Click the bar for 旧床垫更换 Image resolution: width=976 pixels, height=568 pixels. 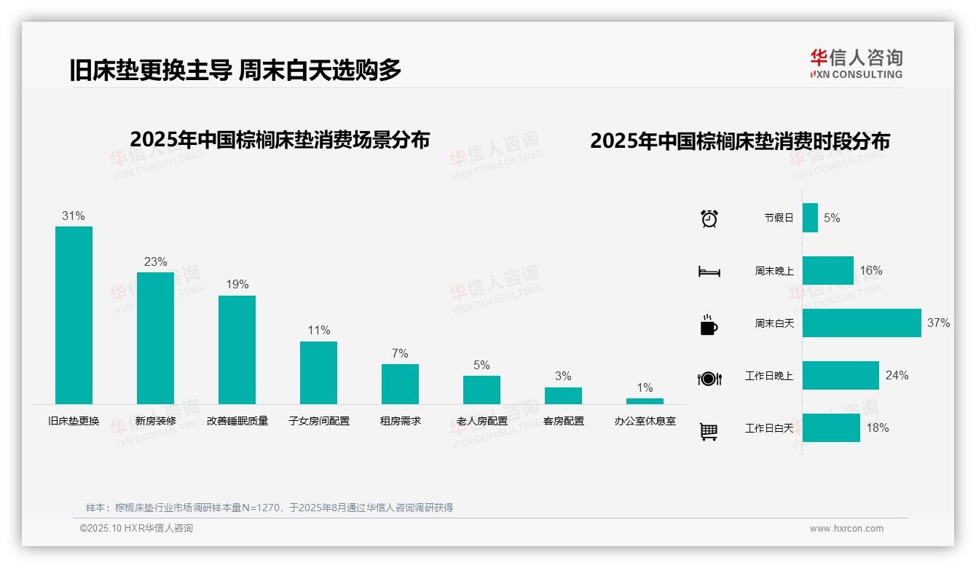[x=74, y=315]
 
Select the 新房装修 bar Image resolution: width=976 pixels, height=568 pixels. [x=155, y=338]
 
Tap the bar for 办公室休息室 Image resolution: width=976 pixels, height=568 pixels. [x=645, y=401]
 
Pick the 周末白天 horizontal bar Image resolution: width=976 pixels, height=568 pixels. [x=862, y=323]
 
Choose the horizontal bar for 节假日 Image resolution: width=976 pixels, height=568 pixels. [x=810, y=218]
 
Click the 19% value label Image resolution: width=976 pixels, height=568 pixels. [x=237, y=285]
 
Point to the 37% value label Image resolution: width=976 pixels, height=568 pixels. [x=938, y=323]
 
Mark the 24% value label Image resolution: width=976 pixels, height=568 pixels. [x=897, y=375]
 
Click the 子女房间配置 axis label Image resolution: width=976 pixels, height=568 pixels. [x=319, y=421]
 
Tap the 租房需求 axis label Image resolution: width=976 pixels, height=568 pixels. [x=400, y=421]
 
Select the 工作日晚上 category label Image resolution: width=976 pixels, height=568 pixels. [x=769, y=376]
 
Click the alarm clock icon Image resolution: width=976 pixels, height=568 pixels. [x=709, y=218]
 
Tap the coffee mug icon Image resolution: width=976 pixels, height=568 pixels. [x=709, y=324]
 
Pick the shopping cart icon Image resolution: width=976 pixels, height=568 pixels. [x=709, y=431]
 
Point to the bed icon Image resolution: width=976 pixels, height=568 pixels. [x=709, y=272]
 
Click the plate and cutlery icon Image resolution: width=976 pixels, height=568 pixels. [x=709, y=378]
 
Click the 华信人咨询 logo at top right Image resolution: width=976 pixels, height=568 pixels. [x=856, y=63]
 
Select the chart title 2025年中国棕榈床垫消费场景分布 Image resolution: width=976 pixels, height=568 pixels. [x=280, y=140]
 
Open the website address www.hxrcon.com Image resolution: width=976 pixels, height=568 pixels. [x=846, y=529]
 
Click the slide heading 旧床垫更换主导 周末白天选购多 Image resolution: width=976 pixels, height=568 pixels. [x=235, y=70]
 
